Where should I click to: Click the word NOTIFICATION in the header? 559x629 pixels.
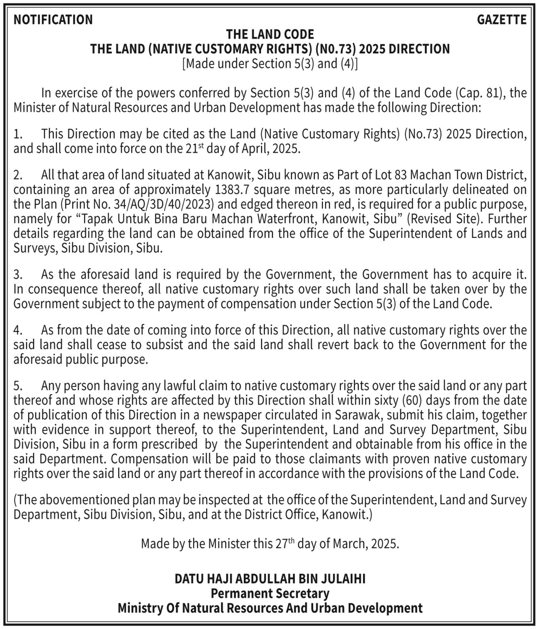(x=53, y=20)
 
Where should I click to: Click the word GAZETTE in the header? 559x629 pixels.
(x=502, y=20)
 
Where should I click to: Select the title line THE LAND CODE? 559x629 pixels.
(x=270, y=34)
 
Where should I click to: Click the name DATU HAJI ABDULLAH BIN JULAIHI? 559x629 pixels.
(x=270, y=579)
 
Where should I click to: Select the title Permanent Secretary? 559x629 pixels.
(x=270, y=593)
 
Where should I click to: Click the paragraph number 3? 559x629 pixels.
(x=18, y=274)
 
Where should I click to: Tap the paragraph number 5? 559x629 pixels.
(x=18, y=386)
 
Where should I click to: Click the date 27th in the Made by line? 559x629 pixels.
(x=285, y=543)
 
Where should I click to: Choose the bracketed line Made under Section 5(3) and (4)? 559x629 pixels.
(x=270, y=64)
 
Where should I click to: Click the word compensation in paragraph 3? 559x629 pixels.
(x=267, y=304)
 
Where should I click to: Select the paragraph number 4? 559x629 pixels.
(x=18, y=330)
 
